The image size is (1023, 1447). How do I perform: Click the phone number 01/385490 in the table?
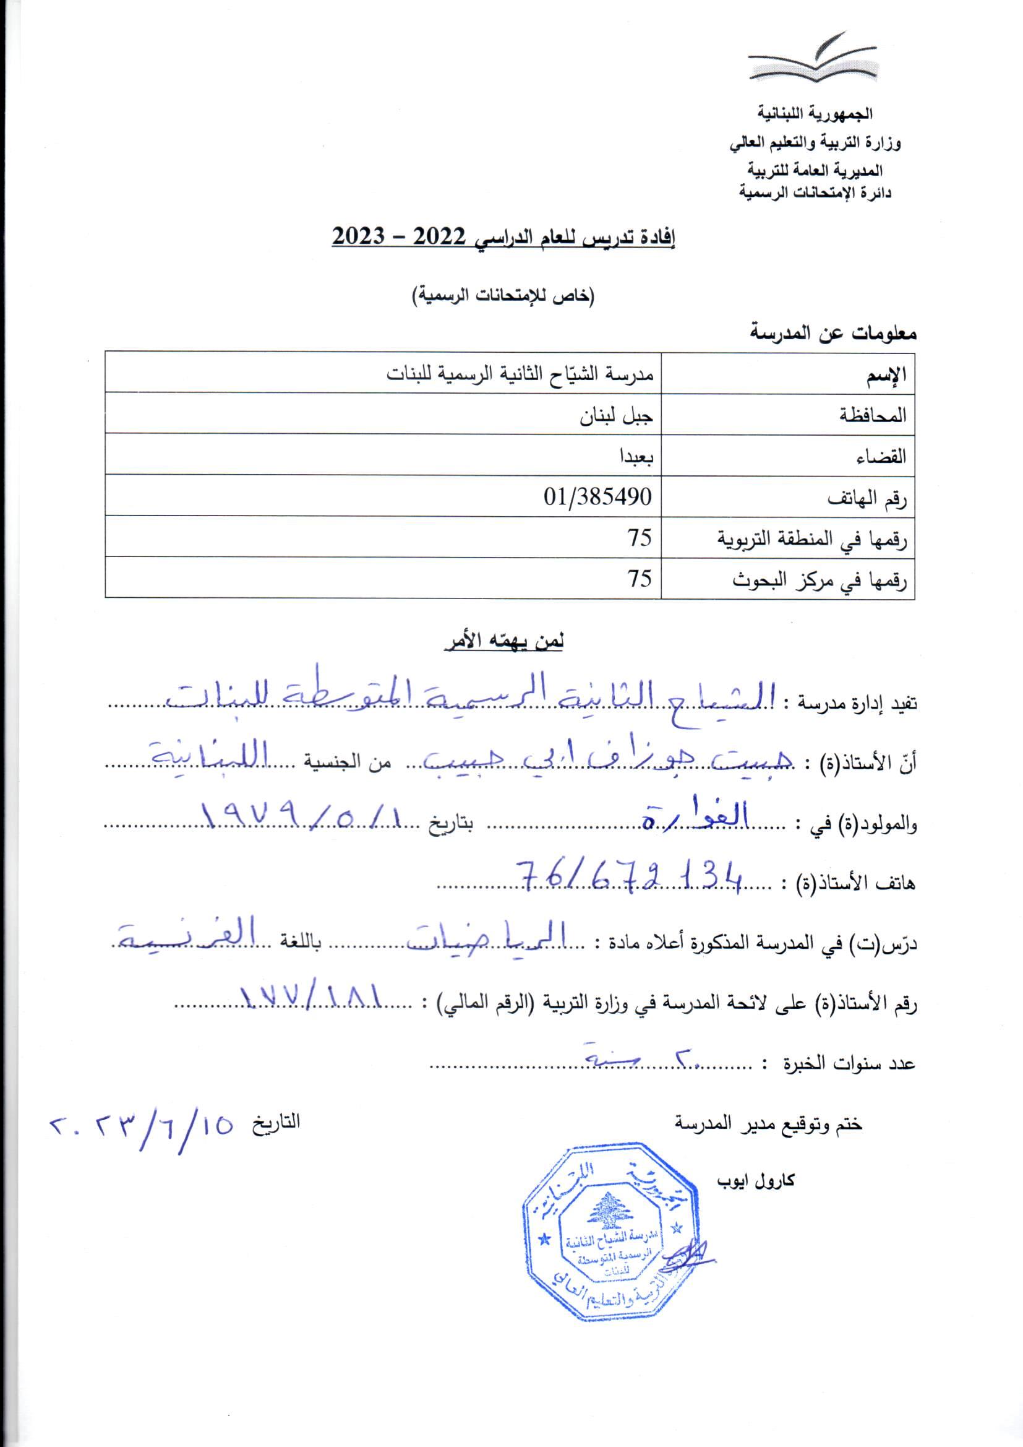click(597, 496)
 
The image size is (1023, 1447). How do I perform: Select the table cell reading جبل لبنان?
click(617, 416)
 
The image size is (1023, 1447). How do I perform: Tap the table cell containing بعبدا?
click(636, 456)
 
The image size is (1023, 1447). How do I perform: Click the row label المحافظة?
click(873, 416)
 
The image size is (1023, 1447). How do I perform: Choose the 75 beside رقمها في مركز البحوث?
click(639, 578)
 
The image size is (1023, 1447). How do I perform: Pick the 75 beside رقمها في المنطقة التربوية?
click(639, 537)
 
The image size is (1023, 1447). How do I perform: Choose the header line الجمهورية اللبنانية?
click(815, 114)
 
